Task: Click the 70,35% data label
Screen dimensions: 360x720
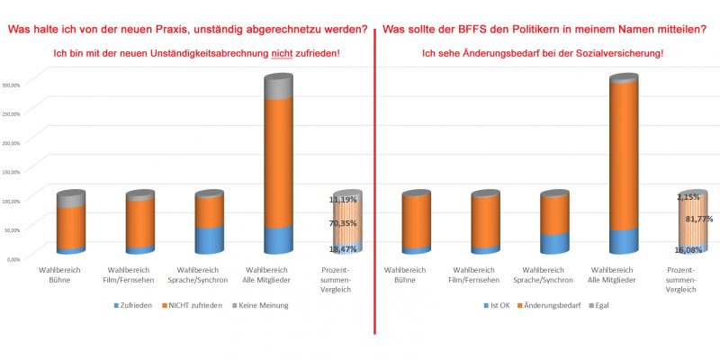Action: click(x=343, y=223)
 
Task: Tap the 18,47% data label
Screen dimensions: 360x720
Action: click(x=343, y=247)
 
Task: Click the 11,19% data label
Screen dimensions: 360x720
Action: click(x=343, y=199)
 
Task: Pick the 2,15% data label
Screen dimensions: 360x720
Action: click(x=688, y=197)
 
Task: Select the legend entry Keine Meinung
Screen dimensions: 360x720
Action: click(x=264, y=305)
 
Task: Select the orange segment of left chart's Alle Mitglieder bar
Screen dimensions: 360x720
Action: click(x=278, y=162)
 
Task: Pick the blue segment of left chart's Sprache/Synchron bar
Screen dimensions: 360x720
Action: click(x=209, y=239)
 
